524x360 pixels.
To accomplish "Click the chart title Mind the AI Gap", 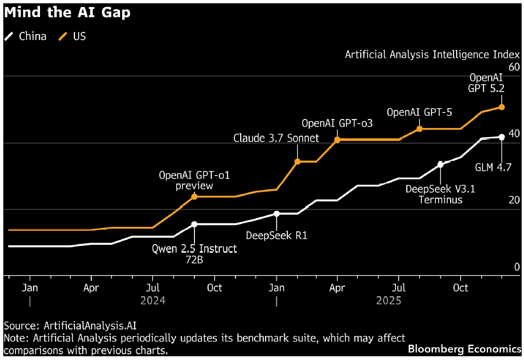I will pos(67,13).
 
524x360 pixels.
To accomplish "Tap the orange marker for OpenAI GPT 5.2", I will pos(501,107).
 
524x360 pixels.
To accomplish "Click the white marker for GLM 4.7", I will pos(501,137).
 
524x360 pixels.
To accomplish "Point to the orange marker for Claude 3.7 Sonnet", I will pos(298,161).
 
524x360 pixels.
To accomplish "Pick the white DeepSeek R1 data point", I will pos(277,214).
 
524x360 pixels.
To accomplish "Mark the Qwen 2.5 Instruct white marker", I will pos(194,224).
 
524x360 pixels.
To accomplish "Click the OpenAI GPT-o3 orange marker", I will pos(337,140).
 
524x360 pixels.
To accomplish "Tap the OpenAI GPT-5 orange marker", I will pos(419,128).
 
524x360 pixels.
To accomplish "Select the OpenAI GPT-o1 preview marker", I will pos(194,196).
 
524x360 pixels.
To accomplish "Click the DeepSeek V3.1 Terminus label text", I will pos(440,194).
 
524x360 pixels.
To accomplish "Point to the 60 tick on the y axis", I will pos(514,67).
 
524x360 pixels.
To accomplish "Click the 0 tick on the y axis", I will pos(516,267).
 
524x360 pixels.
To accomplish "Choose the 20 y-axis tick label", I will pos(514,200).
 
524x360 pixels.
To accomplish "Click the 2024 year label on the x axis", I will pos(153,300).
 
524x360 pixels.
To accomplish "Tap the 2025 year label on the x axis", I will pos(388,300).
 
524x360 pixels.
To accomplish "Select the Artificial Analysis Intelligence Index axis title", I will pos(432,55).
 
